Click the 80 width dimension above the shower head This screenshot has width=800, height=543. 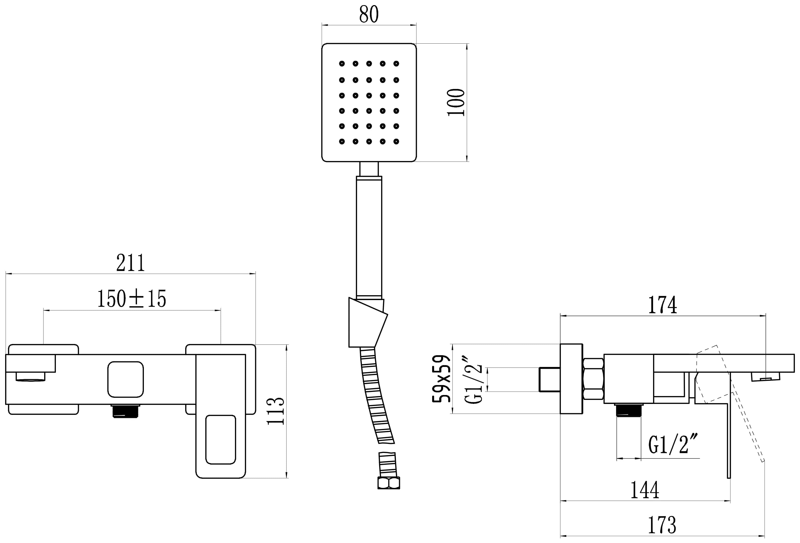pos(369,15)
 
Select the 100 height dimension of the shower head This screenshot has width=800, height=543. pos(456,102)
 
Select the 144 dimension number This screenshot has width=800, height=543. pos(644,490)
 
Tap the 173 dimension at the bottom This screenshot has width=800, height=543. pos(662,525)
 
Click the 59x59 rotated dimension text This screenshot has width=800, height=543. pos(442,378)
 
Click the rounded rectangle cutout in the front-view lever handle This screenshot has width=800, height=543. pos(221,439)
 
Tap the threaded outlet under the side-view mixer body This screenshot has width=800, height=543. pos(629,410)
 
